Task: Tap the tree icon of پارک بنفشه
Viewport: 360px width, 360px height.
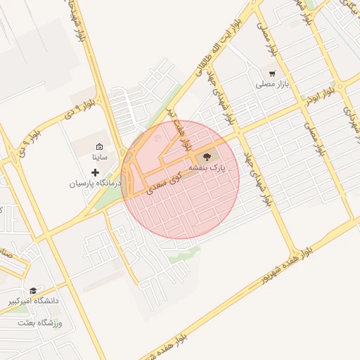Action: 207,157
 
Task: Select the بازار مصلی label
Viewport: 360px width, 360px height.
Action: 272,84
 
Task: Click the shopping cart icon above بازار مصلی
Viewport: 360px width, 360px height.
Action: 272,73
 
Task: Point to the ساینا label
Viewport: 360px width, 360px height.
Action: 100,157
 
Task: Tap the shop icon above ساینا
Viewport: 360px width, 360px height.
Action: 100,146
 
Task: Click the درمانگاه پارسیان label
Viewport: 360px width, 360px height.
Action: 96,183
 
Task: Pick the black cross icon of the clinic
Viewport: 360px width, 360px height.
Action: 96,172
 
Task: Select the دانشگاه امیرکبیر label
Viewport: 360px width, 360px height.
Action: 34,301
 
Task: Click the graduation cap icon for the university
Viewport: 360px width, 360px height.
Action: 33,290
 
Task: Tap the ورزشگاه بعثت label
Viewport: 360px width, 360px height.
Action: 41,323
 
